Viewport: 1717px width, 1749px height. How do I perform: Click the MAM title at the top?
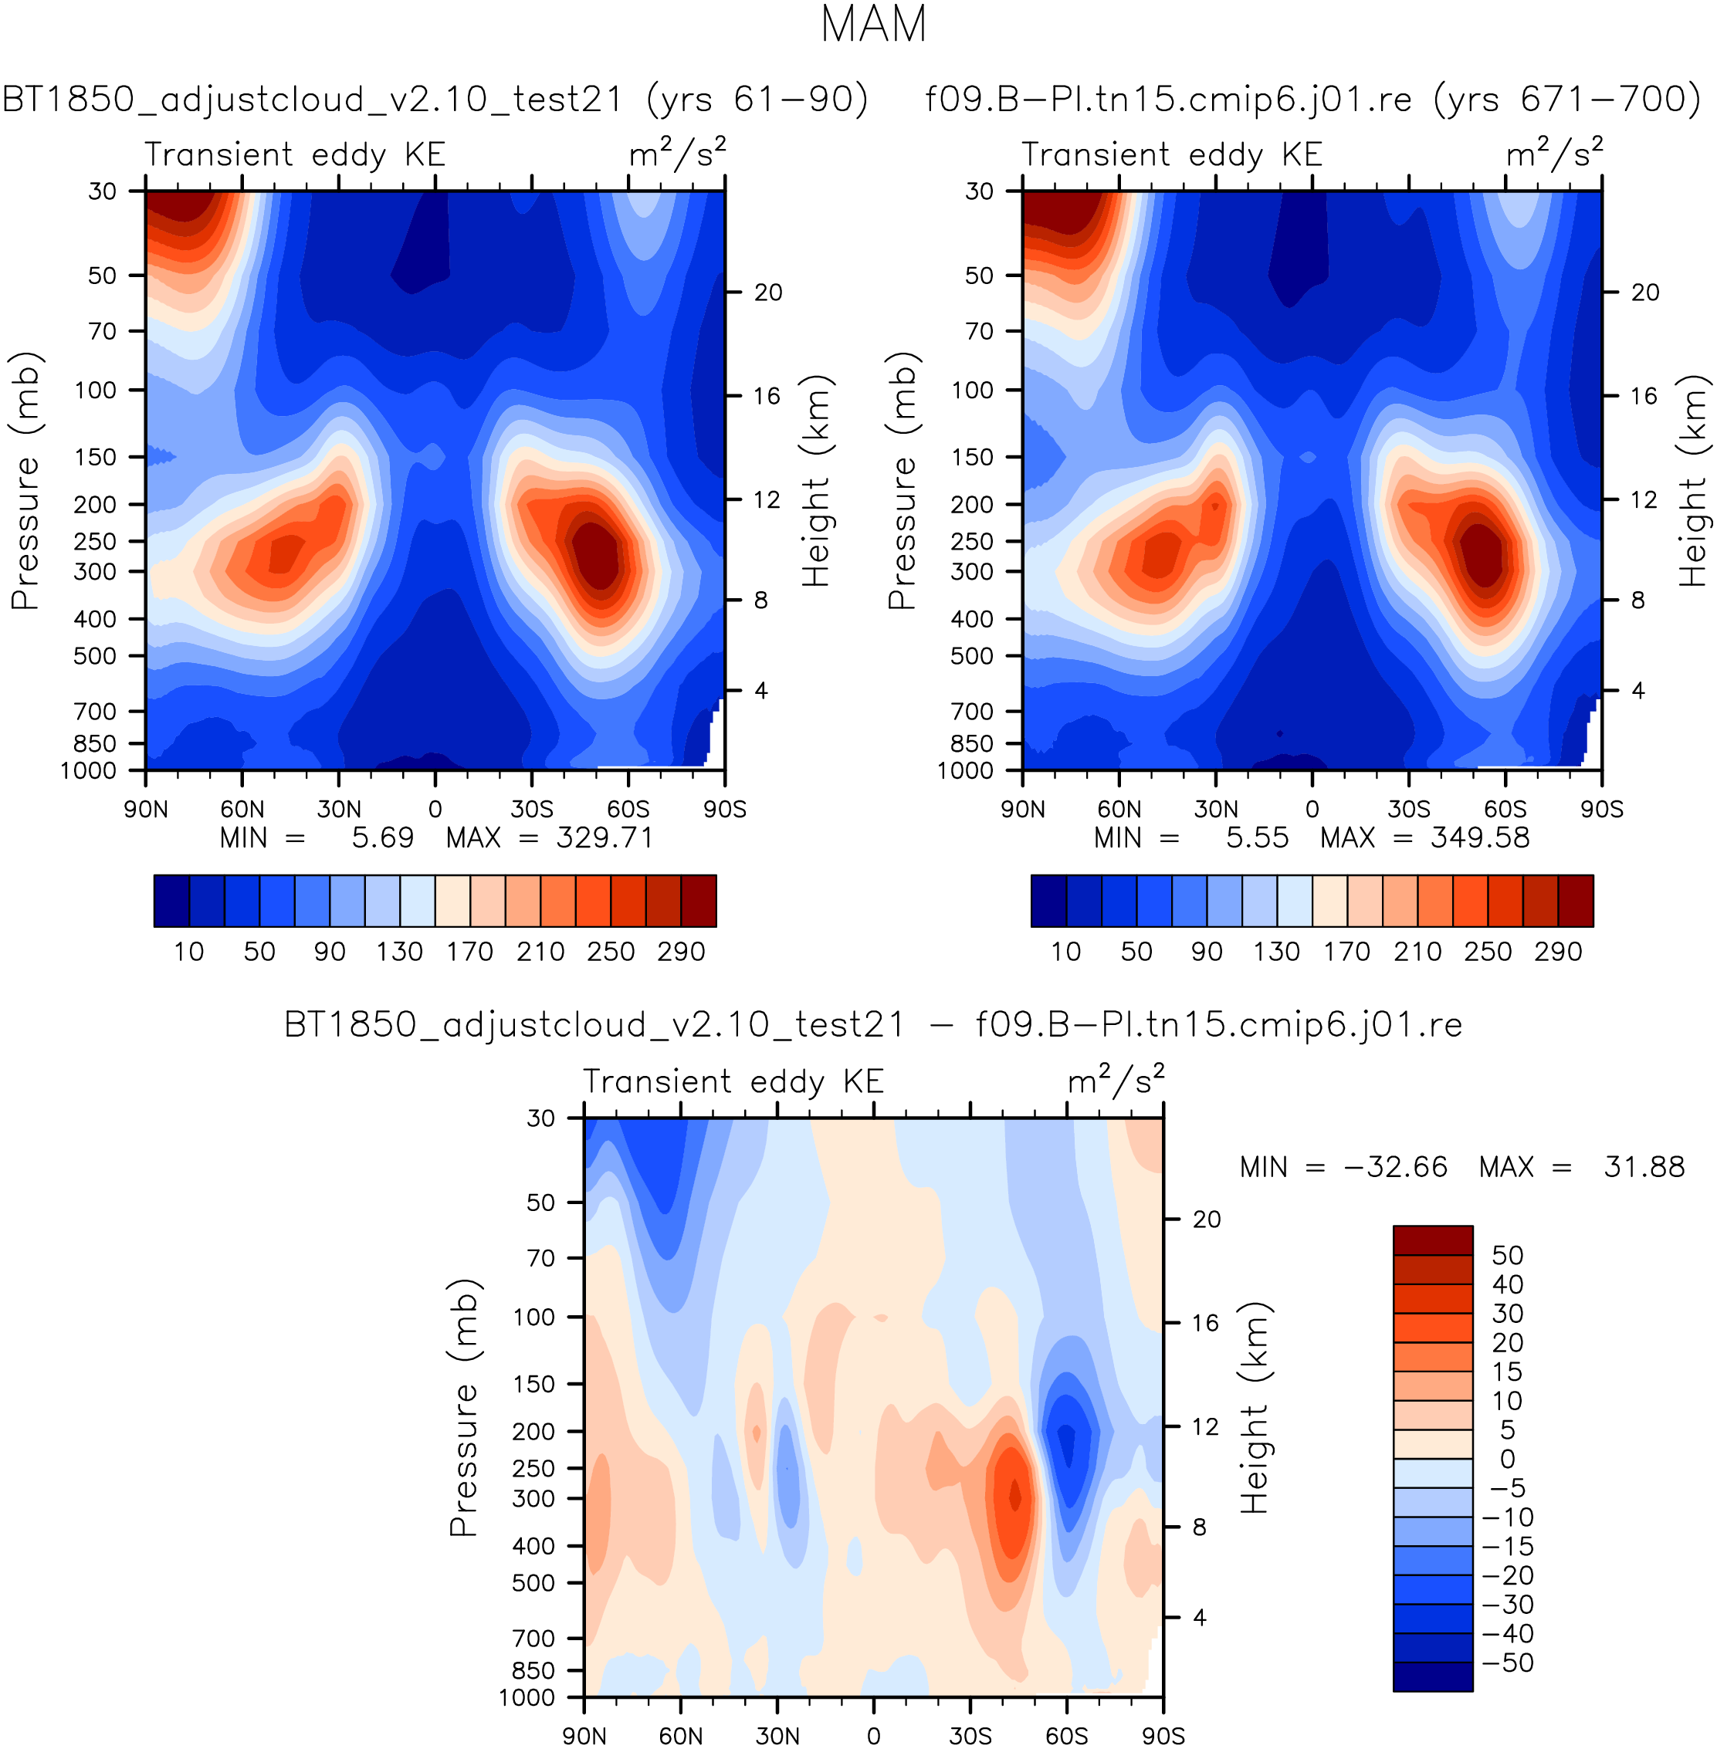[873, 25]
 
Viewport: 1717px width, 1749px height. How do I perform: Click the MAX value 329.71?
[605, 837]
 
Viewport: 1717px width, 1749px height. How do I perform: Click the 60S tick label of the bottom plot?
[1067, 1735]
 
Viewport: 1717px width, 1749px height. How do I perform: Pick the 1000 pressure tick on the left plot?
[88, 771]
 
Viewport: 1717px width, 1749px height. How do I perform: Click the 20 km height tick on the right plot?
[1645, 292]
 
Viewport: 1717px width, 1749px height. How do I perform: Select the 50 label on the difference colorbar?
[1507, 1255]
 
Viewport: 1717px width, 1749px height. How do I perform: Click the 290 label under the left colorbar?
[681, 952]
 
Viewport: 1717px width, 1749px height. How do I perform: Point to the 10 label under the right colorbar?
[1066, 952]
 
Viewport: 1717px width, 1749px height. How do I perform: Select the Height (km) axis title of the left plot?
[815, 481]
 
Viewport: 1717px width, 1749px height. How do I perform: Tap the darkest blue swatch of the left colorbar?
[171, 901]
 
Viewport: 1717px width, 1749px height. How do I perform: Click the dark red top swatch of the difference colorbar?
[1433, 1240]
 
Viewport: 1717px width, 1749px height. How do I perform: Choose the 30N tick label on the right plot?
[1216, 809]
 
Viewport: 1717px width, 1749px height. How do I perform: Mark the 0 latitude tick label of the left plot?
[435, 809]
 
